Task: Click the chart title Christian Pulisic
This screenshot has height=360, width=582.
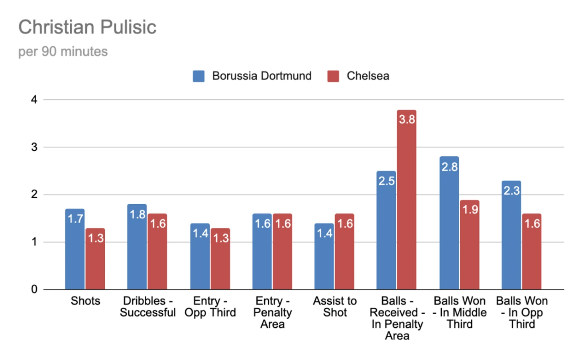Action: (87, 28)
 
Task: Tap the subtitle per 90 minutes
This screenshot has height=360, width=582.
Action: (63, 52)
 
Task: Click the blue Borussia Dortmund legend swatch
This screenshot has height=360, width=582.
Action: (199, 76)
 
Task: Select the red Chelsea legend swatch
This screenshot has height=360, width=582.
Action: (333, 76)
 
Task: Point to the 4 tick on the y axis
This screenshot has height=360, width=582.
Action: (34, 100)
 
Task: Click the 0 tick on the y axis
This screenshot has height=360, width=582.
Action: (34, 289)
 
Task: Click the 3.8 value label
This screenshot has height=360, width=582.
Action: (407, 119)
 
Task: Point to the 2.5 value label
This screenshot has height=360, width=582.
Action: (386, 181)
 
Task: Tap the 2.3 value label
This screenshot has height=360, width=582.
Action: (511, 191)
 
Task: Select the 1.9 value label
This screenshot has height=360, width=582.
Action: (470, 209)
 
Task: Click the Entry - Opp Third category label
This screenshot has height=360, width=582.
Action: (210, 307)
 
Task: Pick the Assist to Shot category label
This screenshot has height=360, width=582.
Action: (335, 307)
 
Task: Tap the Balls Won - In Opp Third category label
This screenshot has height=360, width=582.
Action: (522, 312)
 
